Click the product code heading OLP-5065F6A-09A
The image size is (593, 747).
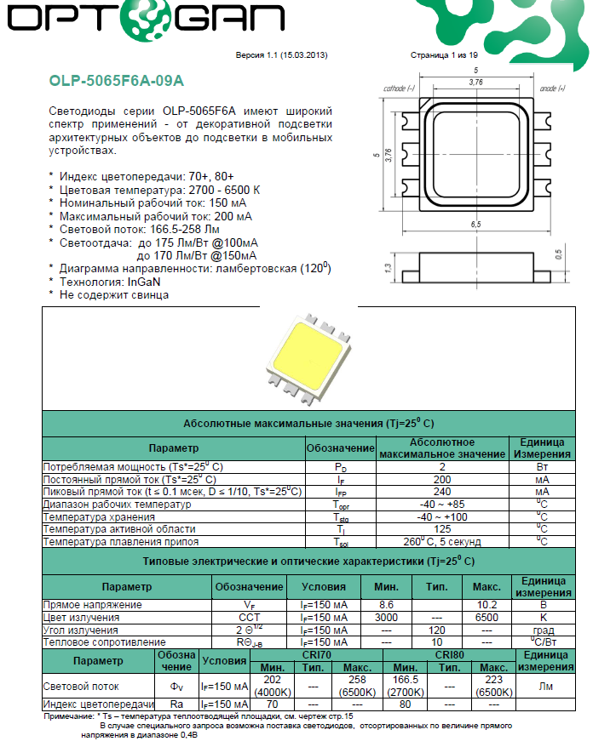pos(117,82)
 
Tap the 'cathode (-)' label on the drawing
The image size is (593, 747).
pos(398,88)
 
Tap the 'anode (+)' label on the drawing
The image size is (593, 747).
pos(553,88)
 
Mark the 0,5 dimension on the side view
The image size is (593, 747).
pos(558,254)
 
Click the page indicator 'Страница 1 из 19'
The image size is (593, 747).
pos(445,54)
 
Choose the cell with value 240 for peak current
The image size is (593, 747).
pos(441,492)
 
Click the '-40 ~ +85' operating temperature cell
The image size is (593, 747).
pos(441,505)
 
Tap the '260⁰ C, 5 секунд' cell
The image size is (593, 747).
pos(441,541)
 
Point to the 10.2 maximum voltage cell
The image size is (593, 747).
pos(486,605)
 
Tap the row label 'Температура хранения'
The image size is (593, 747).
pos(100,517)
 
